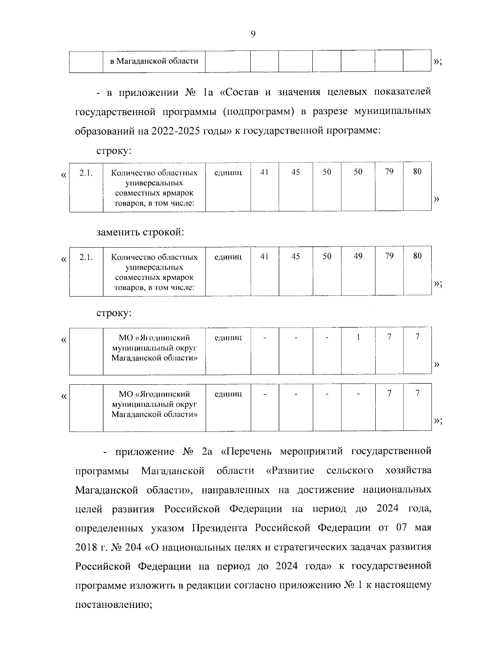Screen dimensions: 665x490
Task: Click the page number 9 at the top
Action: pos(253,34)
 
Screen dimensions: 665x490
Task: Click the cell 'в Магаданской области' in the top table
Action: pos(154,61)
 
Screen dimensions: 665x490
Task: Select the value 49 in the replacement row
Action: pos(358,256)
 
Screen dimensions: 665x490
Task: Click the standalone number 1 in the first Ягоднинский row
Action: pos(358,337)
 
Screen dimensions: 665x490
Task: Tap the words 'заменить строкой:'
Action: pos(140,233)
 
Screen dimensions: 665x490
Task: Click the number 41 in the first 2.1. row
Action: pos(265,172)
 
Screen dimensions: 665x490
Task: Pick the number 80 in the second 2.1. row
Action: pos(417,256)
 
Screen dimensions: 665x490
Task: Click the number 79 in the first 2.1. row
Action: pos(389,172)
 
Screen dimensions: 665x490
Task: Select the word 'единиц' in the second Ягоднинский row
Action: pos(228,394)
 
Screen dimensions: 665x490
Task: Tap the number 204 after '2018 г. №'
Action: pos(133,547)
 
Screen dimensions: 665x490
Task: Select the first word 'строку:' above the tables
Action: pos(114,151)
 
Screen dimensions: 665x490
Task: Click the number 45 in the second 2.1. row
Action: pos(296,256)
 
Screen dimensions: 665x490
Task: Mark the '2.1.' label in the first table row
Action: pos(86,173)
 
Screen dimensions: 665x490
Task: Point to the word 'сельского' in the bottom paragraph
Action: pos(350,471)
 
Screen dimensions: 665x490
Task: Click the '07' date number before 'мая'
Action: pos(402,528)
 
